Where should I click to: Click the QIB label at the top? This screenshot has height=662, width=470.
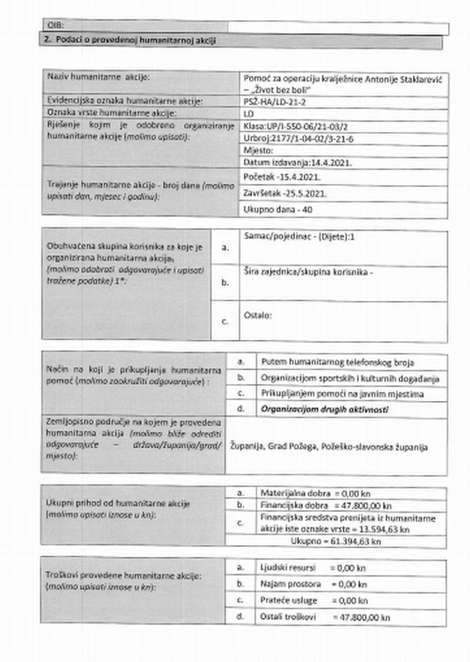coord(55,26)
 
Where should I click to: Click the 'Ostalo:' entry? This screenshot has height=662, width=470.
coord(257,316)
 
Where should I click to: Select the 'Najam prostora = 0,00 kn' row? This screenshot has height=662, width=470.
coord(313,584)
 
